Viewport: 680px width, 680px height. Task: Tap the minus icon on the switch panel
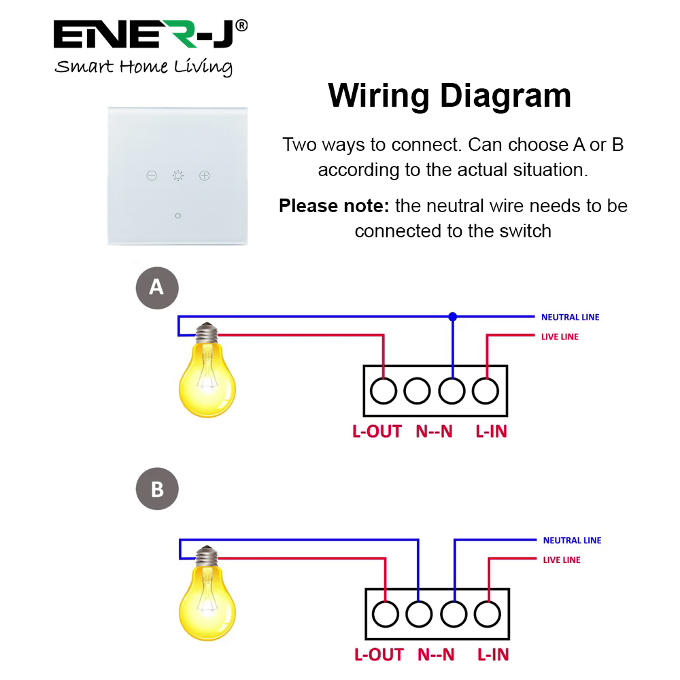click(152, 176)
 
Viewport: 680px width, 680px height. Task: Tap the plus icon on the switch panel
click(205, 176)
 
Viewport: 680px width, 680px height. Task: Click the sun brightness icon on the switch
click(178, 176)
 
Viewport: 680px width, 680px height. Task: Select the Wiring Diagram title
click(449, 96)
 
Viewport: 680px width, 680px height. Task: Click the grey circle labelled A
click(156, 287)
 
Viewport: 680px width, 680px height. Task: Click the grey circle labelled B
click(157, 489)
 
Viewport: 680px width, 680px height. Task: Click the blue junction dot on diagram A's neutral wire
click(453, 316)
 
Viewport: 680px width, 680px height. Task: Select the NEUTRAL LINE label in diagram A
click(570, 318)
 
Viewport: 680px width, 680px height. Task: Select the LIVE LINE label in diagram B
click(562, 560)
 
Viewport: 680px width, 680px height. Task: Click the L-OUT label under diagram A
click(377, 431)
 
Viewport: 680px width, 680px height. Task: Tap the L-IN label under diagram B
click(493, 655)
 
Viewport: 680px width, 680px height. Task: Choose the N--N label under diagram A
click(434, 431)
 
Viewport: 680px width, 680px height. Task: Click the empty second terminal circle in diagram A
click(417, 391)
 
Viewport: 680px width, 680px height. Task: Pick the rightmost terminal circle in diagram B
click(488, 615)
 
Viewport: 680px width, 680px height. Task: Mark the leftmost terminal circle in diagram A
click(384, 391)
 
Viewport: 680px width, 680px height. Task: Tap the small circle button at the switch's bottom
click(177, 216)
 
